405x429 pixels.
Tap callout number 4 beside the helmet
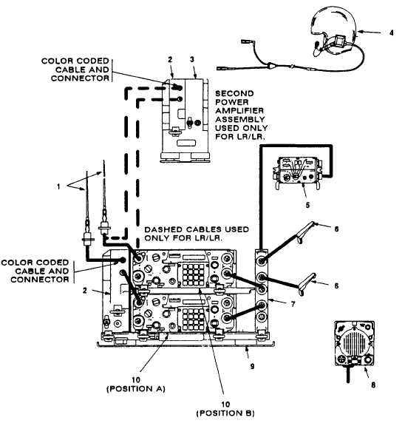click(392, 33)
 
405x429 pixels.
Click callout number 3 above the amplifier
click(192, 59)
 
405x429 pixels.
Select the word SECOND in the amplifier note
click(234, 94)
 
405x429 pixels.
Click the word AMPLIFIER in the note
click(239, 111)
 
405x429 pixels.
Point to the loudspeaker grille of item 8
click(353, 342)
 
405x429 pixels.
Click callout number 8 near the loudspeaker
click(373, 385)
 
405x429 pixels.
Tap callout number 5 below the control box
click(307, 205)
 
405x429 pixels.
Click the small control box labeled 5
click(298, 171)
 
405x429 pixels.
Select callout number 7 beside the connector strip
click(293, 304)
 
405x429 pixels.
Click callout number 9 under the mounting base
click(252, 366)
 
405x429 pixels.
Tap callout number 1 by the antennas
click(58, 186)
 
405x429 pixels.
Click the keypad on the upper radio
click(194, 274)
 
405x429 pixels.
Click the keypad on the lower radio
click(194, 319)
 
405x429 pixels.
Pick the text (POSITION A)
click(136, 389)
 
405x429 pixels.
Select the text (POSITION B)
click(225, 413)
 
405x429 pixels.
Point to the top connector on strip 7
click(262, 261)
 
